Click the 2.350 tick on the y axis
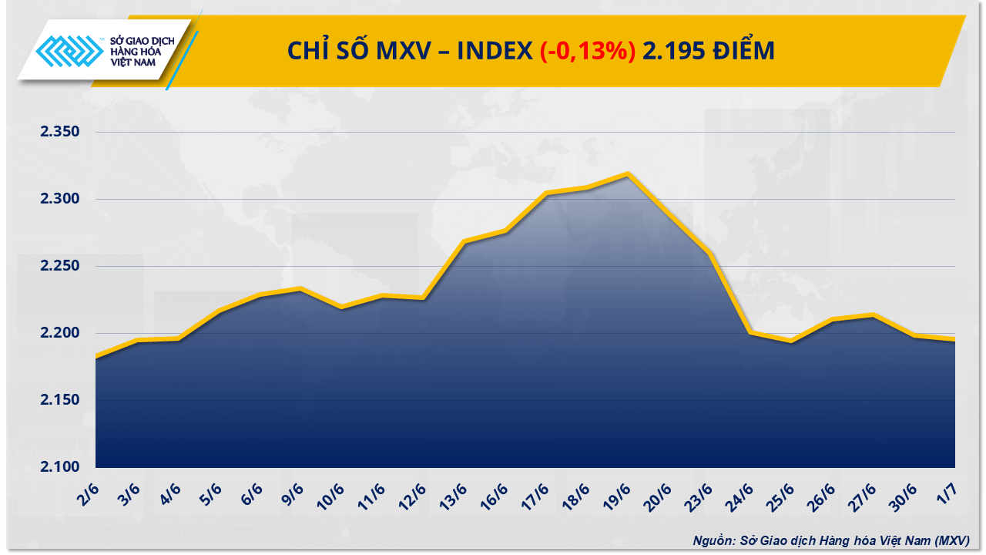click(60, 133)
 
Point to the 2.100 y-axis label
click(60, 467)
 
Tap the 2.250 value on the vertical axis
click(60, 267)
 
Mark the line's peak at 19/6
click(629, 174)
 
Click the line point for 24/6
click(750, 332)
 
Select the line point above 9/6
click(300, 289)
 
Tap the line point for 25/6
click(790, 341)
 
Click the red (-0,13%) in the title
click(588, 51)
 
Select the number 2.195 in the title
click(676, 51)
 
